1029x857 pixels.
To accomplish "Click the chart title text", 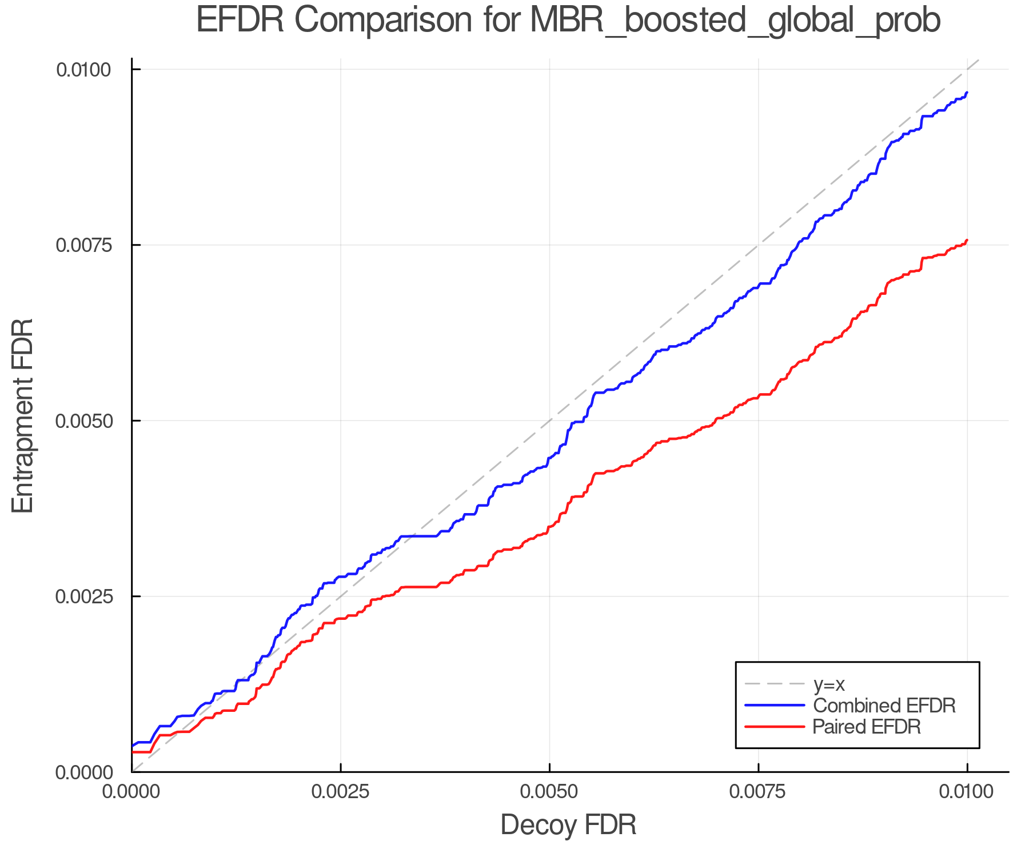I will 568,21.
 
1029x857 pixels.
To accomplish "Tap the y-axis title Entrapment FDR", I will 23,416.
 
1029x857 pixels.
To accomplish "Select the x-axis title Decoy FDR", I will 568,825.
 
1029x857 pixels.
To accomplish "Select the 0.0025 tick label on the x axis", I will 341,792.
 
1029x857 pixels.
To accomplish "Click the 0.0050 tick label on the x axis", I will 549,792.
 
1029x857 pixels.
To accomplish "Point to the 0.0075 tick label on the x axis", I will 758,792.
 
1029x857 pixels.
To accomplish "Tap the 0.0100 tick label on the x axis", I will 967,792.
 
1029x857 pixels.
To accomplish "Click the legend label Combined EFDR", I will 884,706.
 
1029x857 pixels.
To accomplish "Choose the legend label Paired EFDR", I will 867,727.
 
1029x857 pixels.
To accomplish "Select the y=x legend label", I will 828,684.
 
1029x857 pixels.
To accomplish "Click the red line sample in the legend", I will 774,727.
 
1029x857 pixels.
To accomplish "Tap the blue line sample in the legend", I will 774,706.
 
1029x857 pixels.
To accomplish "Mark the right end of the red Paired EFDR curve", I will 966,241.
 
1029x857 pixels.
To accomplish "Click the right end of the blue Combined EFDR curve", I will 966,93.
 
